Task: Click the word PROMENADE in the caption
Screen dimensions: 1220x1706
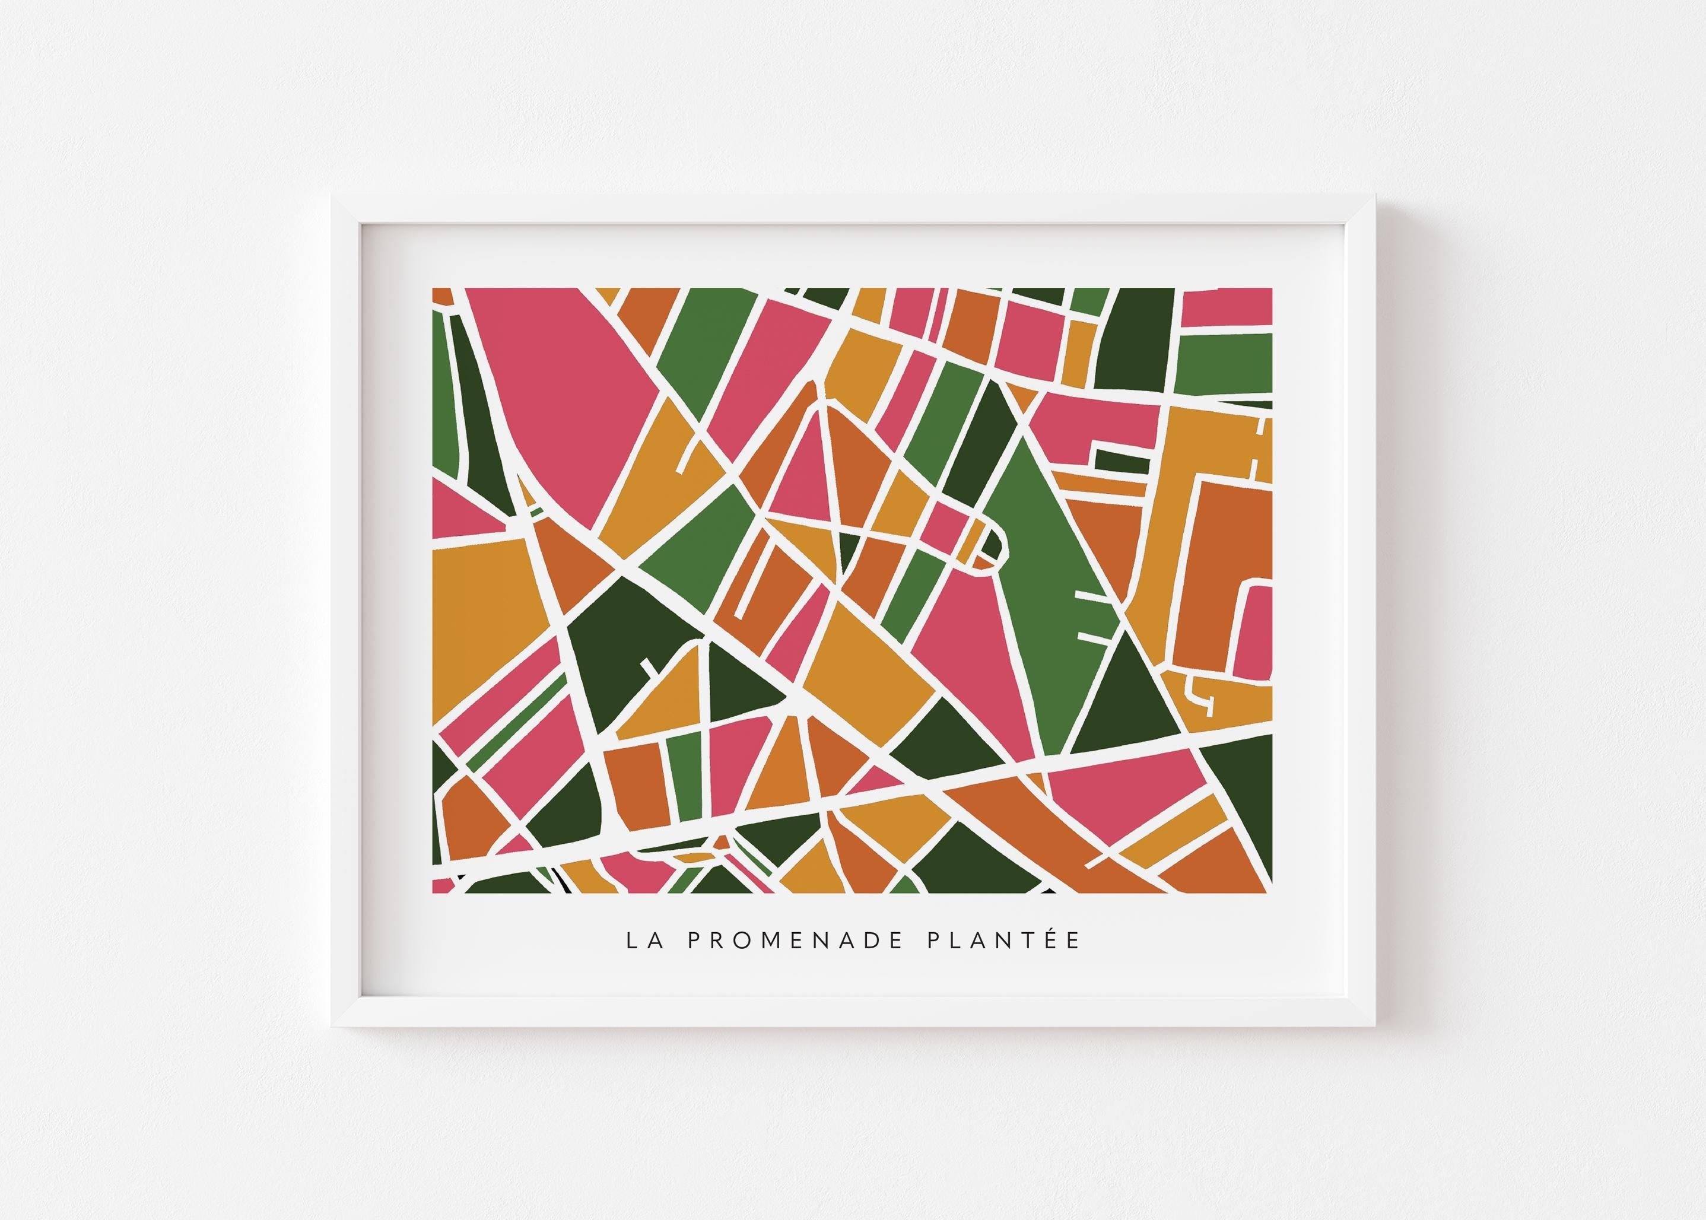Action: pos(796,941)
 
